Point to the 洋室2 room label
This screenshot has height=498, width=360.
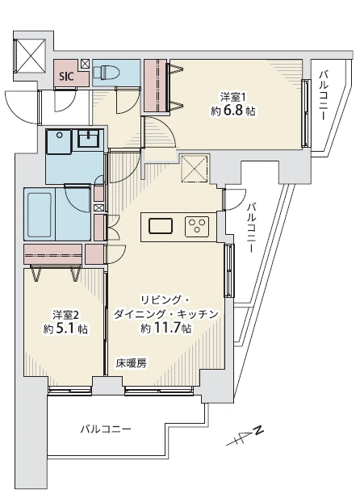66,313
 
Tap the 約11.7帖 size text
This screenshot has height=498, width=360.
165,329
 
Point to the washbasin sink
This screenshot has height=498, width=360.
86,140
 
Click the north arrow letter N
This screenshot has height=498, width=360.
260,430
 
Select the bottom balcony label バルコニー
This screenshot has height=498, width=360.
105,429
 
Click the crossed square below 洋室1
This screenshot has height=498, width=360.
195,169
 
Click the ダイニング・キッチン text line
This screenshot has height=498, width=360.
166,314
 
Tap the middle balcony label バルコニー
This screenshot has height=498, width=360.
252,228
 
